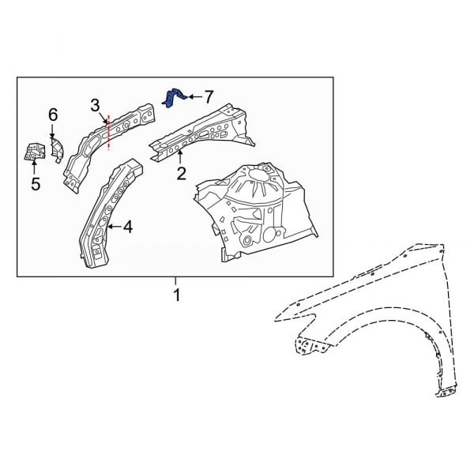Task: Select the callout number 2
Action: tap(181, 174)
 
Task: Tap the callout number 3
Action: tap(95, 105)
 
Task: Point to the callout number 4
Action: tap(128, 228)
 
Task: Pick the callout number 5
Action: tap(35, 184)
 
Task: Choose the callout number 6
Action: tap(53, 115)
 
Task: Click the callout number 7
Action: tap(209, 96)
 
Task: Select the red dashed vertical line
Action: tap(108, 131)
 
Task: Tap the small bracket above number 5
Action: tap(34, 152)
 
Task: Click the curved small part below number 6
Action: tap(58, 148)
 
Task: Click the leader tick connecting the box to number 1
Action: tap(175, 282)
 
